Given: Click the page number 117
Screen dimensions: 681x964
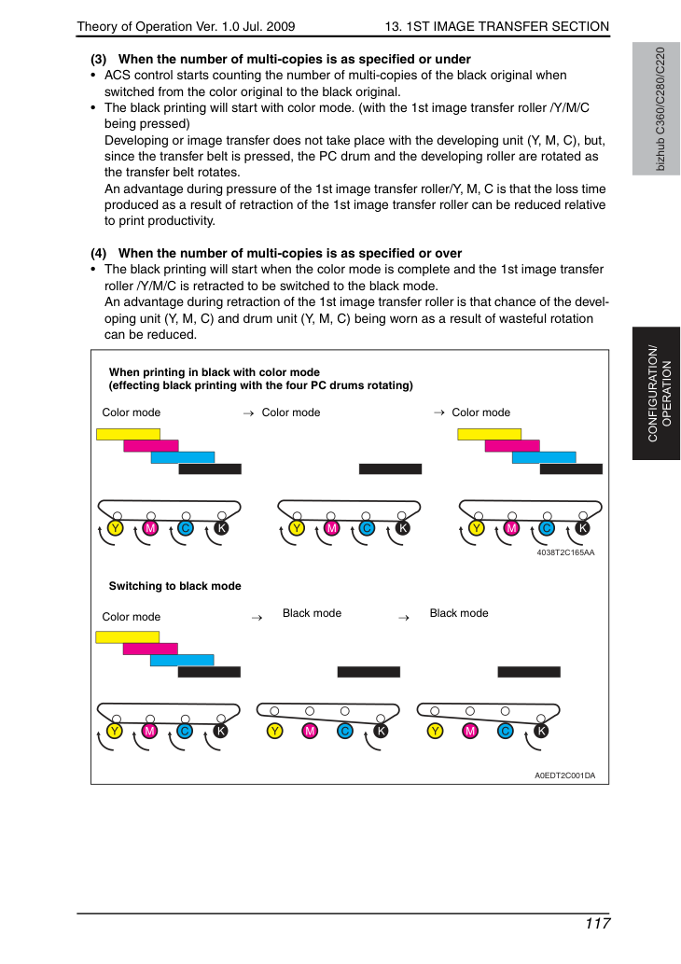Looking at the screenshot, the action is (x=597, y=924).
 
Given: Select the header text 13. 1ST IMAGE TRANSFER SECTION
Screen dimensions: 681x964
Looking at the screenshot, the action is (x=496, y=26).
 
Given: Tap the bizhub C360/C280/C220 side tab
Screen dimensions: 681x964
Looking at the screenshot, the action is (x=656, y=109).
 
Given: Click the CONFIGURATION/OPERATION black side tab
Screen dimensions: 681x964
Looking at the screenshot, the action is (x=656, y=394).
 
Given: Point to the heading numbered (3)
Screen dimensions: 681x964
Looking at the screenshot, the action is (x=281, y=59).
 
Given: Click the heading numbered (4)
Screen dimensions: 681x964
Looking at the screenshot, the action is (x=276, y=253).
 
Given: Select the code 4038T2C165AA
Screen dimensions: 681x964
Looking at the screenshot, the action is (x=565, y=552).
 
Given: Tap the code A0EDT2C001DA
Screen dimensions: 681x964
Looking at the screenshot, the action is (x=564, y=775).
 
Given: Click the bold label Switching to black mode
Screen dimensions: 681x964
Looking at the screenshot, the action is (x=175, y=586).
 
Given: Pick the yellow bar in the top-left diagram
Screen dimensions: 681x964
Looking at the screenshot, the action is (x=128, y=434).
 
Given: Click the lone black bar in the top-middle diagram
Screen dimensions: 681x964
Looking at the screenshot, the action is (x=390, y=469).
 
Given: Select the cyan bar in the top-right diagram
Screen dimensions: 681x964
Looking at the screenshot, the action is (x=544, y=457).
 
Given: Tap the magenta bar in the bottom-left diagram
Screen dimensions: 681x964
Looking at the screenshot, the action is (x=150, y=649).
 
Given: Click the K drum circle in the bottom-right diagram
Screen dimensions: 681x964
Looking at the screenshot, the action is (x=541, y=731).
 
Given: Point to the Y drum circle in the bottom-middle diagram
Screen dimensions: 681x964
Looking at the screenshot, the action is (x=275, y=731).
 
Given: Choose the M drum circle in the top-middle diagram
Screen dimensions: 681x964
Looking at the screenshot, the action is (x=331, y=528).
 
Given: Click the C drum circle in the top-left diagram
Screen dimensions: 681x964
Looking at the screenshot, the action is (x=186, y=528).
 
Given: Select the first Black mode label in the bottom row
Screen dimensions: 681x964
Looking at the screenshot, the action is (x=312, y=613).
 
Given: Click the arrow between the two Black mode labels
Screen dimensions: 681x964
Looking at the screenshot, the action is (x=404, y=618).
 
